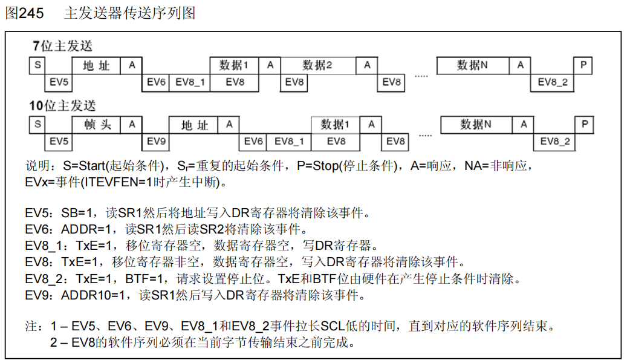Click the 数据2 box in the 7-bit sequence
317,65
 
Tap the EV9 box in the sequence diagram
156,142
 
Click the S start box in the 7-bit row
37,65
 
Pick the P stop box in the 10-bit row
585,125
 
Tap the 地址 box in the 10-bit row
195,125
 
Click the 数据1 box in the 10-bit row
336,125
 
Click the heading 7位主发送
62,46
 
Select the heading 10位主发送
63,106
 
